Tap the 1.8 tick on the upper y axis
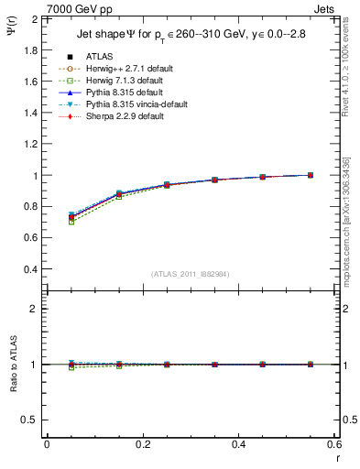30,50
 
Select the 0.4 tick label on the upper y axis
30,269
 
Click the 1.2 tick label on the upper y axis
30,144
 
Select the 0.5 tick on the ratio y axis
30,420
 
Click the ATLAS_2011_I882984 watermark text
191,274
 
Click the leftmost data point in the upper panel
71,217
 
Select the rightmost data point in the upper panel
311,175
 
